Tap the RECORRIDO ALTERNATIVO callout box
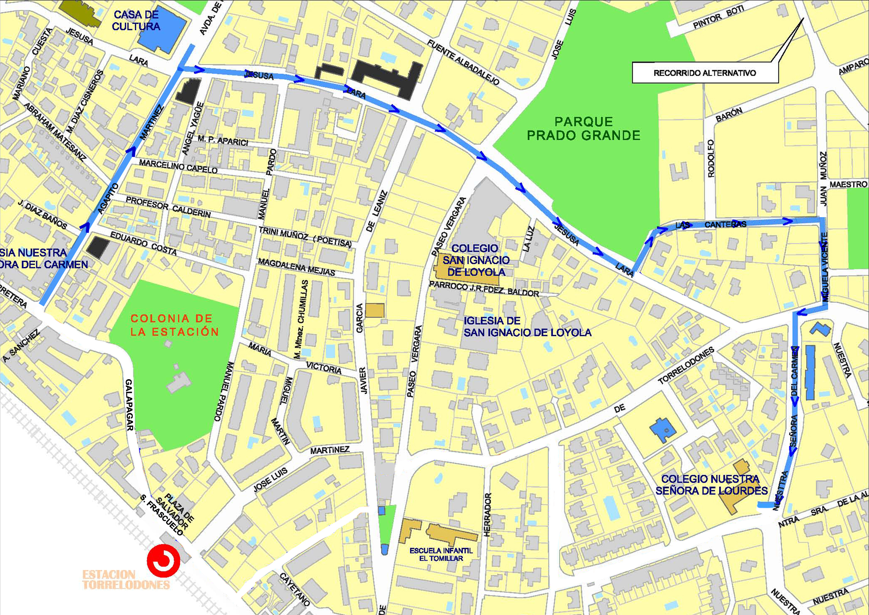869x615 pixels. [705, 73]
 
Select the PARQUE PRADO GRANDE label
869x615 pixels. [583, 129]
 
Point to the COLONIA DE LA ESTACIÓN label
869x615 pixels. [175, 325]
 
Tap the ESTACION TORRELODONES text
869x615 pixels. [126, 580]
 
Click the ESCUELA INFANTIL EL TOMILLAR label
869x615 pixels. [441, 554]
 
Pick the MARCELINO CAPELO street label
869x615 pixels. [178, 167]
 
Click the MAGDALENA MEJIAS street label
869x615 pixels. [296, 267]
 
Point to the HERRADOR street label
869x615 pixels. [487, 514]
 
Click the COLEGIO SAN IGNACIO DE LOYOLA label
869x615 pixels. [476, 260]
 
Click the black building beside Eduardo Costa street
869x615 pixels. [98, 248]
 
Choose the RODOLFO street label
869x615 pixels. [711, 158]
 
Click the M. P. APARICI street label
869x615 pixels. [223, 141]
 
